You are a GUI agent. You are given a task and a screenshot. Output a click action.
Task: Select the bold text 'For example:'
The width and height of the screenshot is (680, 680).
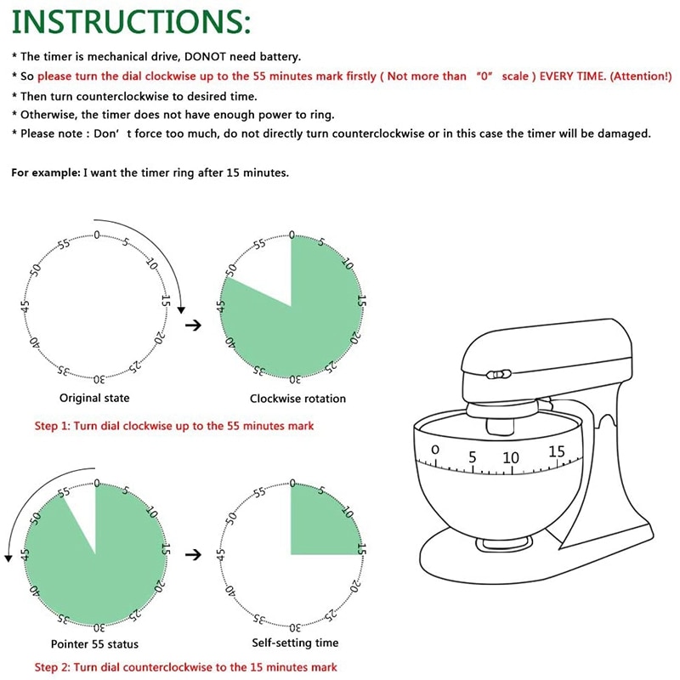point(45,173)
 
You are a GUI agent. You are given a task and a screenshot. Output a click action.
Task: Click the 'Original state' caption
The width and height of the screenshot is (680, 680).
point(94,398)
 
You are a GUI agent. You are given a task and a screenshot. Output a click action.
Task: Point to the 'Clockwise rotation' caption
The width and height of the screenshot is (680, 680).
point(297,398)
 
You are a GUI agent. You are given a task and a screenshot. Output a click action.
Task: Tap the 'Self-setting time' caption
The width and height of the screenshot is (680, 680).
point(295,643)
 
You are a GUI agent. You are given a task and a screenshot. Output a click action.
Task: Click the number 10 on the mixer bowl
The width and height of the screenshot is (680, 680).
point(510,458)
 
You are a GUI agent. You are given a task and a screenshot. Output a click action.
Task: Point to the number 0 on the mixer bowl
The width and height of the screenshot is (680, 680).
point(435,450)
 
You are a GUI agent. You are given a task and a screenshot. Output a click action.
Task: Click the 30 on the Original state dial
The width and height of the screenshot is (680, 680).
point(98,379)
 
